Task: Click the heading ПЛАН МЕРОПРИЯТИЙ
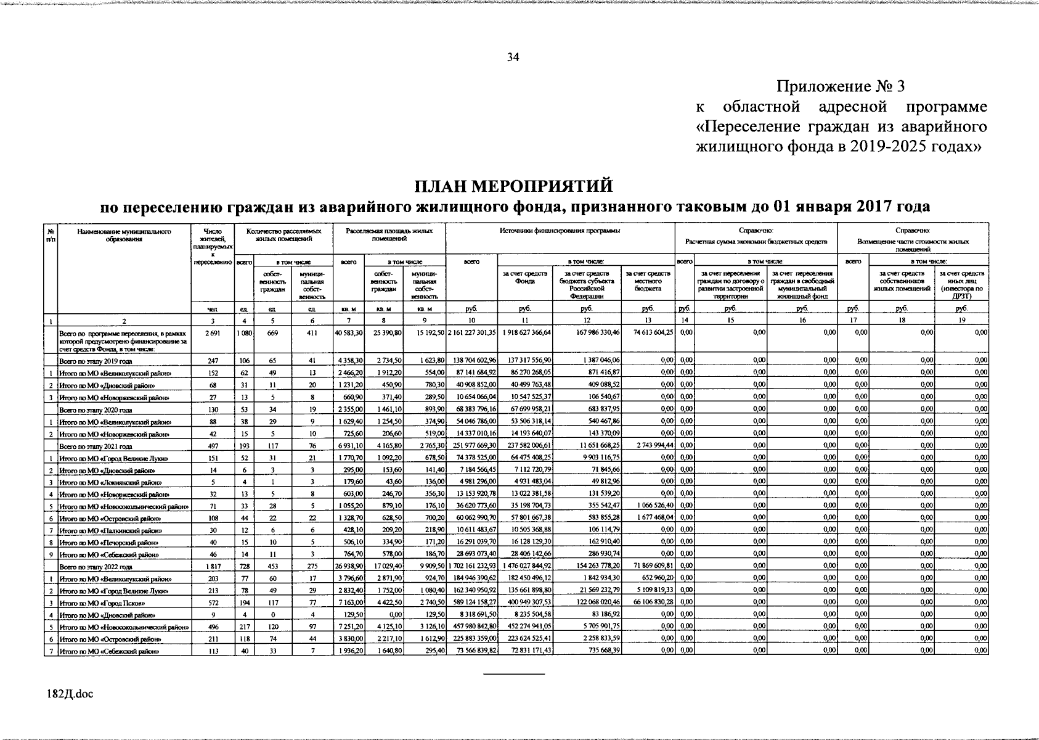click(513, 185)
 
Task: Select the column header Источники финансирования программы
click(560, 231)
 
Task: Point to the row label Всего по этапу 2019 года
click(96, 361)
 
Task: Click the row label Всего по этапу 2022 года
click(96, 567)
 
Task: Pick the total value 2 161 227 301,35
click(471, 332)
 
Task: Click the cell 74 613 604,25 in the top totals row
click(648, 332)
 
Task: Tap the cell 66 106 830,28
click(648, 603)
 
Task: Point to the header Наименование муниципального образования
click(124, 235)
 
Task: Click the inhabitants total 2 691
click(212, 332)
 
